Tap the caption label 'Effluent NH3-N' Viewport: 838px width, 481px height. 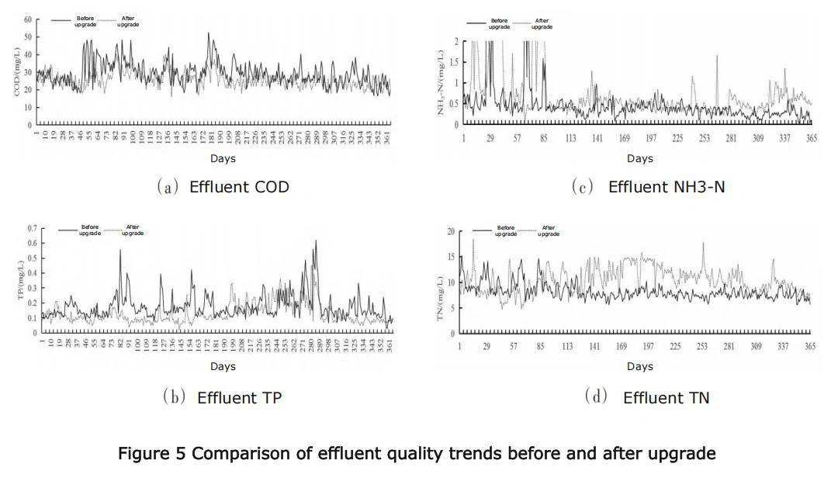[x=667, y=187]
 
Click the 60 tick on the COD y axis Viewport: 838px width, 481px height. [x=27, y=19]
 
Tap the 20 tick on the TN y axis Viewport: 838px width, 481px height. [x=449, y=232]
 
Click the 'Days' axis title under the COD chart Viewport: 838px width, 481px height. [x=223, y=159]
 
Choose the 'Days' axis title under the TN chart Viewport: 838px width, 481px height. [x=640, y=366]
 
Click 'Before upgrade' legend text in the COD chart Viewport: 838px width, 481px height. [x=85, y=21]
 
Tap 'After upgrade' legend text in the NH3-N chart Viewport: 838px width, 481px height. [x=542, y=23]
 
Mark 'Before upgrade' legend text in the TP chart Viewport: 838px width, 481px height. [x=90, y=230]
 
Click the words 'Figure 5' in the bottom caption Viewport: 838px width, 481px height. [x=151, y=454]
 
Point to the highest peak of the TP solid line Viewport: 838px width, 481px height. [x=316, y=241]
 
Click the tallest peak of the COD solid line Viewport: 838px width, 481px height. [x=208, y=33]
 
